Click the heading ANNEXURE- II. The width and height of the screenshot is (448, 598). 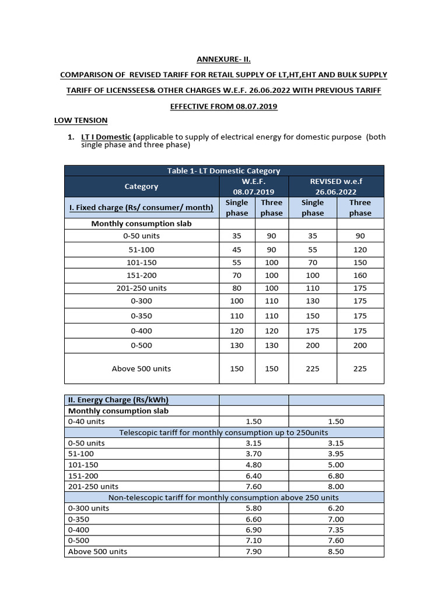tap(223, 59)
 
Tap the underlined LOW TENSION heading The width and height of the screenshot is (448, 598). tap(80, 120)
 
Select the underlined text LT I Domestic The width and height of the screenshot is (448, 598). tap(106, 137)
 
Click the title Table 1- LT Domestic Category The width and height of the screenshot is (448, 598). tap(223, 171)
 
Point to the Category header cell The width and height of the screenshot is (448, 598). tap(141, 186)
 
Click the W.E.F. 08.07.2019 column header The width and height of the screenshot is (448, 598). tap(254, 186)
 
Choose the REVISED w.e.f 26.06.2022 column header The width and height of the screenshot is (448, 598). tap(337, 186)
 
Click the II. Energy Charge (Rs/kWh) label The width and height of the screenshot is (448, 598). tap(118, 400)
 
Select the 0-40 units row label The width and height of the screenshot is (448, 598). tap(86, 421)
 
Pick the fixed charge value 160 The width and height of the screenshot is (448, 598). tap(360, 275)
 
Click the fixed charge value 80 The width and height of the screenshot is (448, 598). tap(237, 288)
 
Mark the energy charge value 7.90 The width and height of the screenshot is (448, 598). tap(254, 551)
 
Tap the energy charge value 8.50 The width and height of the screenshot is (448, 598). tap(336, 551)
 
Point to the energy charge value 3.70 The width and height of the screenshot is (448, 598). tap(254, 454)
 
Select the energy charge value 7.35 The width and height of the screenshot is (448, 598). tap(336, 530)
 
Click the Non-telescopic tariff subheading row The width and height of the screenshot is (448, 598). tap(223, 498)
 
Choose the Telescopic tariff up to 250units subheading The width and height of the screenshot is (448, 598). tap(223, 432)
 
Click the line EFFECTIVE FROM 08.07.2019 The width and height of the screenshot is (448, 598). tap(223, 106)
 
